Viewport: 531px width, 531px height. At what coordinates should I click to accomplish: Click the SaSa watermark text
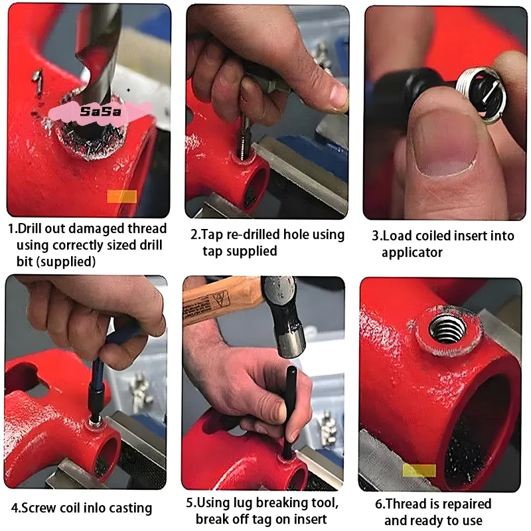[100, 112]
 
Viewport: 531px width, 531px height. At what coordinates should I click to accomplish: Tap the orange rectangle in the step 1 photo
[122, 196]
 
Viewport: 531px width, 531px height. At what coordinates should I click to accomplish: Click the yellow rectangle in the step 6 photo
[419, 471]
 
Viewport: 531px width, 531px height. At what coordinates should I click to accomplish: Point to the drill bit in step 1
[98, 51]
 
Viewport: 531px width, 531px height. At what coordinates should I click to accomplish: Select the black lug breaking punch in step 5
[289, 413]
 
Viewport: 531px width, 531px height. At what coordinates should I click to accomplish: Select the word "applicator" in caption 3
[412, 253]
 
